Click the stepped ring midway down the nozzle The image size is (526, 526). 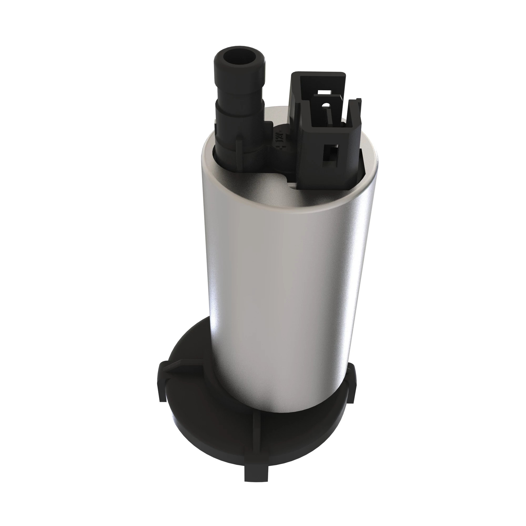click(240, 105)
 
